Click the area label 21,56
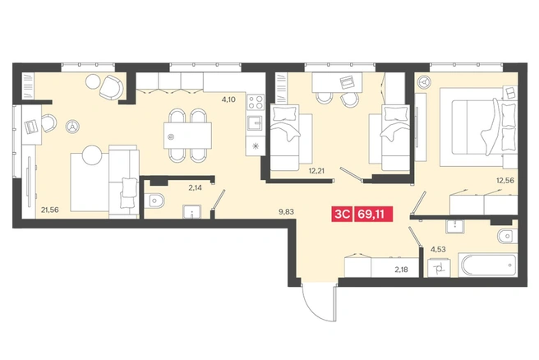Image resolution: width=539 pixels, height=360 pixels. point(50,210)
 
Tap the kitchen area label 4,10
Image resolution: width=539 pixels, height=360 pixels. point(228,99)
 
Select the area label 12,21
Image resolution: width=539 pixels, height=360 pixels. point(316,170)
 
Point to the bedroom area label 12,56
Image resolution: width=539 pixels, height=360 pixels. point(505,180)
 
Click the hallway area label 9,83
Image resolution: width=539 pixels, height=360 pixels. point(286,212)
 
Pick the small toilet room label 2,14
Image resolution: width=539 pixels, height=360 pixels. point(195,187)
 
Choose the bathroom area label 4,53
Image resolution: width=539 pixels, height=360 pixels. point(438,249)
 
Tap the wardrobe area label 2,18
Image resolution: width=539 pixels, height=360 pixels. point(402,270)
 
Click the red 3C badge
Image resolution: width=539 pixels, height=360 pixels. point(342,214)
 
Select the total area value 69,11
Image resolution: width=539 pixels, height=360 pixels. point(373,214)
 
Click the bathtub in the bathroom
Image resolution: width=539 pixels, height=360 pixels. point(488,265)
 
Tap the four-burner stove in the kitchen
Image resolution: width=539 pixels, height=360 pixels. point(256,102)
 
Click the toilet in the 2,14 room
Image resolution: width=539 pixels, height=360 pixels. point(154,201)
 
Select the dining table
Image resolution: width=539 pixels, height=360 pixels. point(187,136)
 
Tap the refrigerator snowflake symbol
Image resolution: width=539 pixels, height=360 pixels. point(255,145)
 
